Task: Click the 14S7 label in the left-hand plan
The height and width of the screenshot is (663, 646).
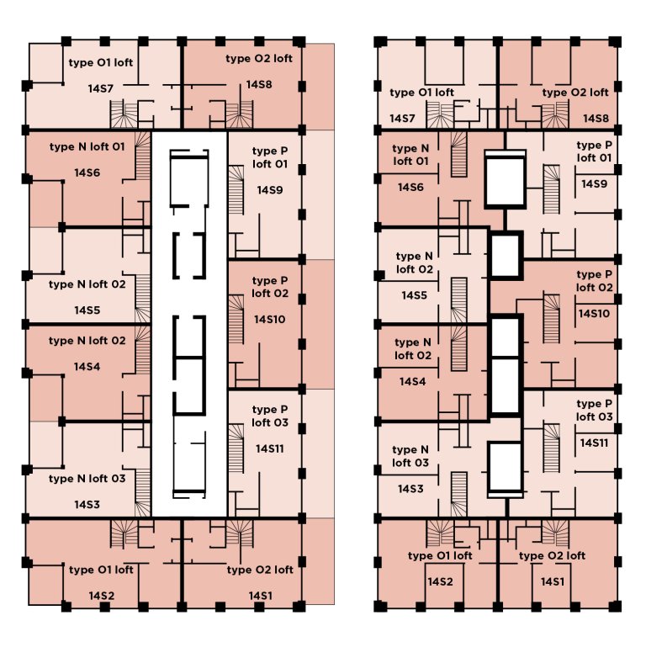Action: pyautogui.click(x=100, y=87)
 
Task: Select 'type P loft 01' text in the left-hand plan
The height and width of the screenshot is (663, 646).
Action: pyautogui.click(x=268, y=156)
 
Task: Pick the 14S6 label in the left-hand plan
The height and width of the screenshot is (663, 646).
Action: pyautogui.click(x=87, y=172)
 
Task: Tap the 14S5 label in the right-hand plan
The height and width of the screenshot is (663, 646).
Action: pyautogui.click(x=414, y=295)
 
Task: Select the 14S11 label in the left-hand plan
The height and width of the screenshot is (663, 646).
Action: pyautogui.click(x=269, y=448)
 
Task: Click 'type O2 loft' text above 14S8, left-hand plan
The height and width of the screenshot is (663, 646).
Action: pyautogui.click(x=259, y=59)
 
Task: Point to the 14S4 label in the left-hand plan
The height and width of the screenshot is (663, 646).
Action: pyautogui.click(x=87, y=367)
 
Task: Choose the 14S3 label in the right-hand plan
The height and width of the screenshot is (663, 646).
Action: pyautogui.click(x=411, y=489)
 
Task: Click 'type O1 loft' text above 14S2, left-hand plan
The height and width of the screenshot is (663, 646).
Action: pyautogui.click(x=101, y=570)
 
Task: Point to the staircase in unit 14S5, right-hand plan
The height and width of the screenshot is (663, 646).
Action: pyautogui.click(x=459, y=294)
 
